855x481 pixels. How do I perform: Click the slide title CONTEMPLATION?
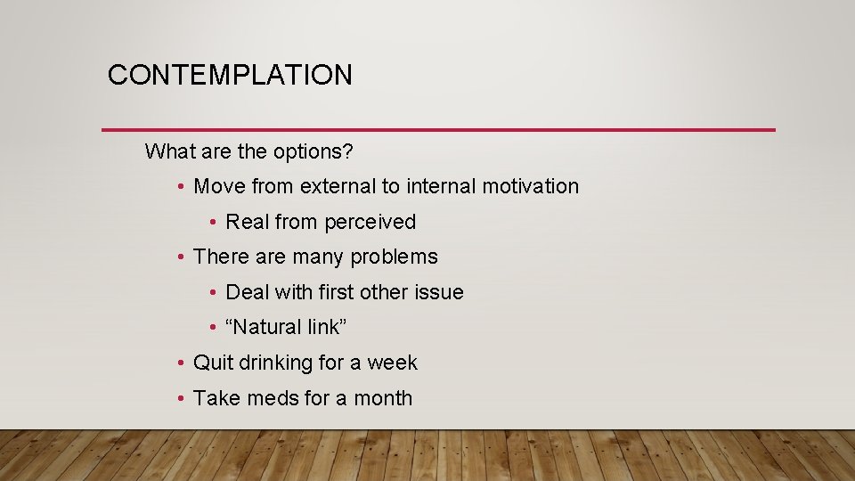pos(230,75)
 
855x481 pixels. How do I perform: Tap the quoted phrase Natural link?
pos(286,328)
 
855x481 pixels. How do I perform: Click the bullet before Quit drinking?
pos(181,363)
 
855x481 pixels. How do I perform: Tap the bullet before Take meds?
pos(181,398)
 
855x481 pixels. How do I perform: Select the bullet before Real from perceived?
pos(214,222)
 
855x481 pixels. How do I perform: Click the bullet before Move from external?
pos(181,186)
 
